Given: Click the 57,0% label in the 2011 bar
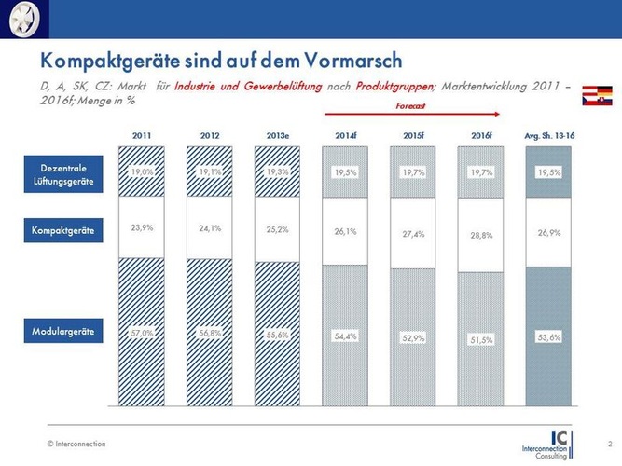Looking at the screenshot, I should point(143,332).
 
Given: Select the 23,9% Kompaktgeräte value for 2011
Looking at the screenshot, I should point(143,227).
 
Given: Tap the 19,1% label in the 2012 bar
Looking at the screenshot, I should point(210,172).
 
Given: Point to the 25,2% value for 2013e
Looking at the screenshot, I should point(278,227).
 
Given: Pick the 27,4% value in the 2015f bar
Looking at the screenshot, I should point(414,234).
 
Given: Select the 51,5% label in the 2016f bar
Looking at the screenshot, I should point(481,340).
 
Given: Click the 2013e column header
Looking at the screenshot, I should point(278,136).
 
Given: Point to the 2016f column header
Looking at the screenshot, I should point(481,136).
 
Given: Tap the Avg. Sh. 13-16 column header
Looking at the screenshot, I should point(549,136).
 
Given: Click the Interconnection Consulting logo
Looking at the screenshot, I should point(557,444).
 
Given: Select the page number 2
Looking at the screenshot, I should point(609,443).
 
